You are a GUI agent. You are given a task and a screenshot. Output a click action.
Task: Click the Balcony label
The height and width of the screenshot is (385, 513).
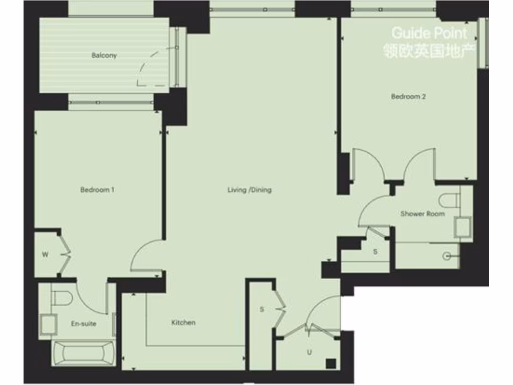click(104, 56)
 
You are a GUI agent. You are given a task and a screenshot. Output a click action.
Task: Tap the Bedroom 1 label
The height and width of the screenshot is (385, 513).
click(97, 190)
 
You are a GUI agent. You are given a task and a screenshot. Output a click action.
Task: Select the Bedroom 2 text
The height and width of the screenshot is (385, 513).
click(408, 97)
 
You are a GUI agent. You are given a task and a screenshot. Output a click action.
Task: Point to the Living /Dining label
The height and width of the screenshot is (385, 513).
click(249, 190)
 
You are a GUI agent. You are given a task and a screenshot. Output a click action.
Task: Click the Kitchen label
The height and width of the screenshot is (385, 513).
click(183, 322)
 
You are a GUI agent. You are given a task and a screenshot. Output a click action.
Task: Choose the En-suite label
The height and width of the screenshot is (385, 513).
click(83, 324)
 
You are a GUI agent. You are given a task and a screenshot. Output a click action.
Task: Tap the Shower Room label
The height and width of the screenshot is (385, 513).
click(422, 214)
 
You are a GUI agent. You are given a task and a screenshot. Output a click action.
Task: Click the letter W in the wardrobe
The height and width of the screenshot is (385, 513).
click(45, 255)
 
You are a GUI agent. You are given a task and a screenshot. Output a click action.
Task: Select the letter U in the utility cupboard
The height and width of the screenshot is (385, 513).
click(309, 352)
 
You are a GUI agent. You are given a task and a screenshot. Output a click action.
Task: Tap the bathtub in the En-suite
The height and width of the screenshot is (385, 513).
click(81, 352)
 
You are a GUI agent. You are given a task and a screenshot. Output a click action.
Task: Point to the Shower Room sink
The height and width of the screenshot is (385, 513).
click(462, 227)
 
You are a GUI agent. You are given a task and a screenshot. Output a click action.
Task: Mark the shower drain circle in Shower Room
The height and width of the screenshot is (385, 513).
click(447, 256)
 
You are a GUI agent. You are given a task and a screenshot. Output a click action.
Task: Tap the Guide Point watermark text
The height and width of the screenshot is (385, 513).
click(429, 34)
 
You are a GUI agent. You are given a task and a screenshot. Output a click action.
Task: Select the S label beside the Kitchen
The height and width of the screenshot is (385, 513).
click(262, 309)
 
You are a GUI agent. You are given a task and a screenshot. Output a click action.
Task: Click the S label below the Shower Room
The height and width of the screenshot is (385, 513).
click(375, 252)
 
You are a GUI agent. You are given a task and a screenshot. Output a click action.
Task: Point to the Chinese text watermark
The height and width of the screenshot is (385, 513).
click(429, 51)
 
